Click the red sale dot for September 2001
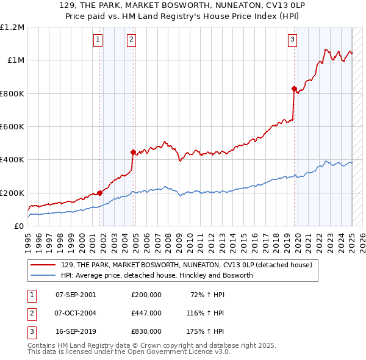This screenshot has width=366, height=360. [99, 193]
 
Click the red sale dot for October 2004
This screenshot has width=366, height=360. [133, 152]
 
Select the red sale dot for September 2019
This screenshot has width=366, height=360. [294, 88]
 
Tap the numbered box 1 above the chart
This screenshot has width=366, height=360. [98, 40]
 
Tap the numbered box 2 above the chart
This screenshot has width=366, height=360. [131, 40]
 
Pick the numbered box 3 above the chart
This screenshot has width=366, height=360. [293, 40]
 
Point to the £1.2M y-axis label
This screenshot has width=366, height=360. [12, 27]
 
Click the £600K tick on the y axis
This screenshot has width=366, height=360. [12, 127]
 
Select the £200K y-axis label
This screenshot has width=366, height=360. [12, 193]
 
